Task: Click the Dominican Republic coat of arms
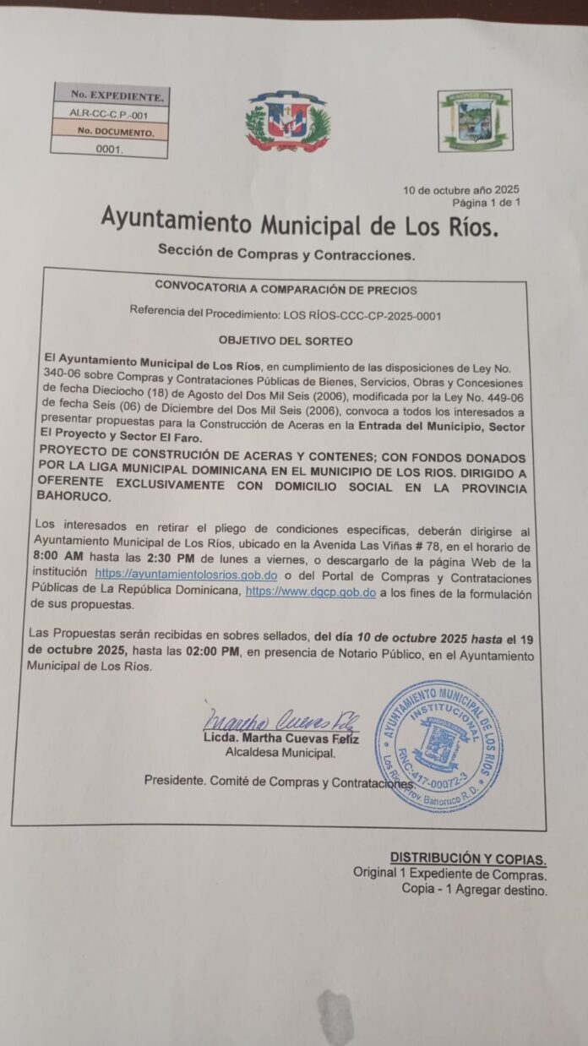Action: pyautogui.click(x=287, y=121)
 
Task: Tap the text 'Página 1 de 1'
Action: pyautogui.click(x=487, y=203)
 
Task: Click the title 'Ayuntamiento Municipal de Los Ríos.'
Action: pyautogui.click(x=300, y=222)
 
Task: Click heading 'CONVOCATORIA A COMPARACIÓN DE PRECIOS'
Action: pyautogui.click(x=286, y=290)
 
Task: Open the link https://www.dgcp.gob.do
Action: pyautogui.click(x=310, y=592)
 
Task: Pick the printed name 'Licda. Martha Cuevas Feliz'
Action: pyautogui.click(x=281, y=739)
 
